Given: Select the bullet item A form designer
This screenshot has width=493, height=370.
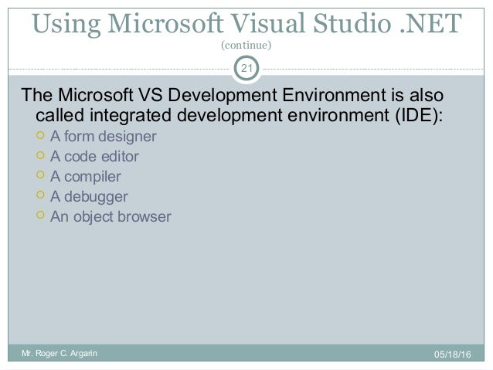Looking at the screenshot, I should tap(103, 137).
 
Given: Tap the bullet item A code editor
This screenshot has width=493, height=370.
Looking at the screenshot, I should tap(94, 158).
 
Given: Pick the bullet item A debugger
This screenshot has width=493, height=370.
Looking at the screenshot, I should tap(89, 197).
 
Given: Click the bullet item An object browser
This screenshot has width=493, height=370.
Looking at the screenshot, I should tap(111, 217).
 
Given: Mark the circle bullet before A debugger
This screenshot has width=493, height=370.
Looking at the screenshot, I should tap(41, 196).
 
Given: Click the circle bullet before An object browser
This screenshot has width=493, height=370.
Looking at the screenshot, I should tap(41, 216).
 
